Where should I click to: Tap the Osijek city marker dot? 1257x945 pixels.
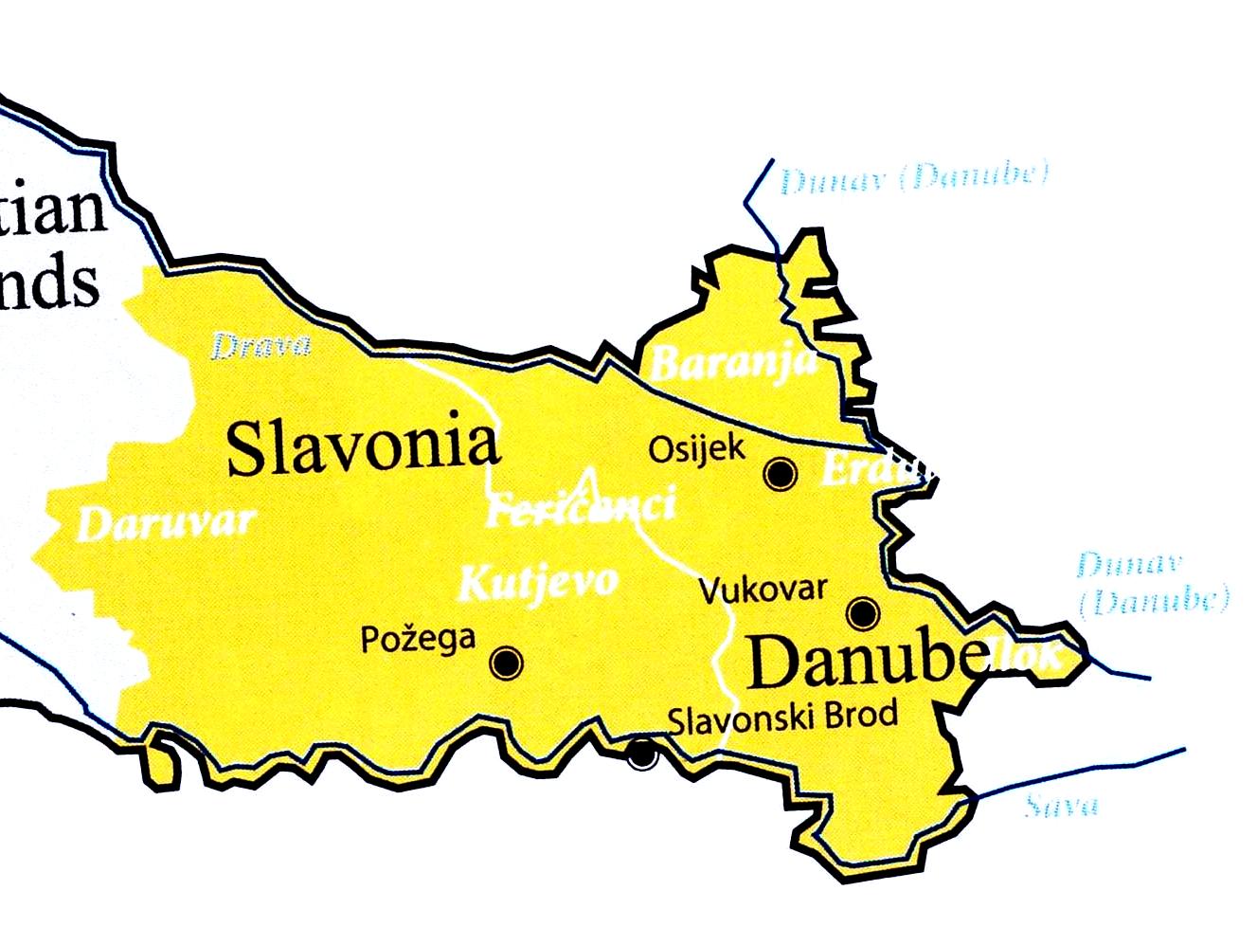(x=781, y=473)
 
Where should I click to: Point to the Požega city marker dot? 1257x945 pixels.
(x=507, y=662)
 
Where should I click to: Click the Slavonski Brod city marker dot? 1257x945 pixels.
(x=642, y=754)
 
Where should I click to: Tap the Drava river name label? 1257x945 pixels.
(x=260, y=345)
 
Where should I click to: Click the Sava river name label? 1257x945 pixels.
(x=1062, y=807)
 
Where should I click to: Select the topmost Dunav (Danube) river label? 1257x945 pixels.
(x=914, y=178)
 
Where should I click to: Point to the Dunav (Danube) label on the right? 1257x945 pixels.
(x=1151, y=583)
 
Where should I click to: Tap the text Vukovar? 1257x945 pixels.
(x=763, y=590)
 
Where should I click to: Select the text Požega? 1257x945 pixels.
(x=418, y=638)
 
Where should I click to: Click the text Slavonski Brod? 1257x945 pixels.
(x=782, y=716)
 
